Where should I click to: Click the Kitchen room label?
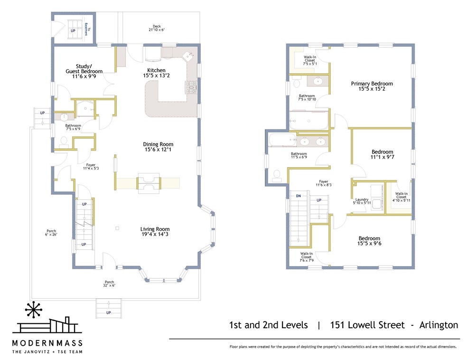pos(156,73)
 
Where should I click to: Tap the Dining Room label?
pos(158,147)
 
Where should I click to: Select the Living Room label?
pos(155,232)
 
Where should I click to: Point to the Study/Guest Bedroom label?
pos(84,71)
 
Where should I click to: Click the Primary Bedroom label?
pos(372,86)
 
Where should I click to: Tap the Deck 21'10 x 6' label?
pos(157,28)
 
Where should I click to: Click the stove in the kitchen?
pos(191,87)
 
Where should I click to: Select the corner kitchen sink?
pos(188,56)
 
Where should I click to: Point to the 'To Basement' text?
pos(87,29)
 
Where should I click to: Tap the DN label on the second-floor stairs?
pos(299,196)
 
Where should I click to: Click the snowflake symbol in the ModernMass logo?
pos(33,310)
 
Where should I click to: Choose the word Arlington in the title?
pos(439,325)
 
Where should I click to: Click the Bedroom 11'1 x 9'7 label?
pos(383,154)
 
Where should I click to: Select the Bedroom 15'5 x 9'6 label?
pos(369,241)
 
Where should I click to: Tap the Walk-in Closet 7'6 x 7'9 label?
pos(307,257)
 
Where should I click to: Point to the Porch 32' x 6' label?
pos(109,284)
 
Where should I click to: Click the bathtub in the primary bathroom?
pos(309,121)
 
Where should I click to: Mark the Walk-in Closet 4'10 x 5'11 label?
pos(401,197)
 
